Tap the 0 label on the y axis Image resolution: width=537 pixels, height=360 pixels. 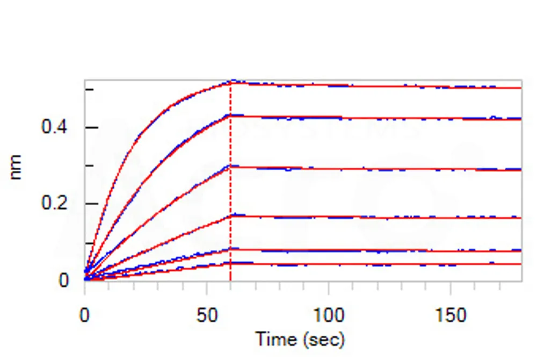(x=63, y=280)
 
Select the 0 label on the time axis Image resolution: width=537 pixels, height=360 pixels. (x=84, y=316)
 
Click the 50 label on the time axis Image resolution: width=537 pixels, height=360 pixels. (x=207, y=316)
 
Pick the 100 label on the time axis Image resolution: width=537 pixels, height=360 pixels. (x=329, y=316)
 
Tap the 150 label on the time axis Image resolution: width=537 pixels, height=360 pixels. (x=451, y=316)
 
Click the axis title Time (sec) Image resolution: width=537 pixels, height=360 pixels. (x=300, y=339)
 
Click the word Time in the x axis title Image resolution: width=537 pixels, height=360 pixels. (x=275, y=339)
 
